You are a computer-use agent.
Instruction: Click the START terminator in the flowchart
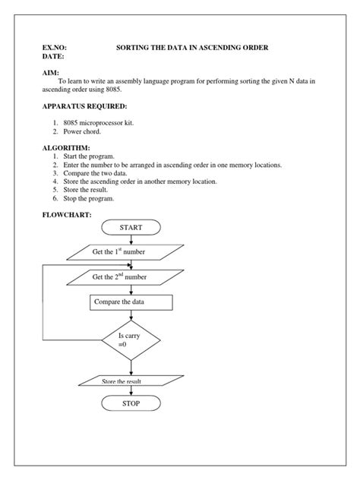click(x=131, y=227)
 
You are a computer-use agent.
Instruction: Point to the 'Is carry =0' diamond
click(x=131, y=339)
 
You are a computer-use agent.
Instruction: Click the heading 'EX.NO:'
click(x=55, y=48)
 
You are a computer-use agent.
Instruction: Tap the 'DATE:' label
click(x=53, y=57)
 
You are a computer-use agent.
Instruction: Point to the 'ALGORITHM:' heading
click(x=67, y=147)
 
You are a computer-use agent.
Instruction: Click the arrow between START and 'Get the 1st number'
click(x=131, y=238)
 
